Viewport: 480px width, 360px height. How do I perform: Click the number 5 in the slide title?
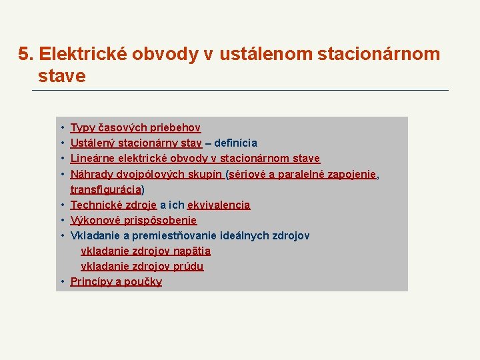24,54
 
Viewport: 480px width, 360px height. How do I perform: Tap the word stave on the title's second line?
62,76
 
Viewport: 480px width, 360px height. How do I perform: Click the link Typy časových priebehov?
135,128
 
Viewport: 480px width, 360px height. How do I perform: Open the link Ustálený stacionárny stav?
136,143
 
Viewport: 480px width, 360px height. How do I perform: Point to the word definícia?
235,143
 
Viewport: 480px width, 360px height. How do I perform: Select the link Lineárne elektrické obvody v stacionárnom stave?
195,159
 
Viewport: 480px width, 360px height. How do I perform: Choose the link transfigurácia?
105,190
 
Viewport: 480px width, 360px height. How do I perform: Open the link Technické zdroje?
113,205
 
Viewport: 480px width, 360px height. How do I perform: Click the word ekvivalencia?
219,205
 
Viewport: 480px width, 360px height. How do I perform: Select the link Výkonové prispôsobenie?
133,221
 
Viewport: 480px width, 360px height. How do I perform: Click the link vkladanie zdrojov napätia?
145,251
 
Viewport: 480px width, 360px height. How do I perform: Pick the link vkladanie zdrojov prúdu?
142,267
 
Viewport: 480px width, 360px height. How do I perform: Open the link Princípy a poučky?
116,282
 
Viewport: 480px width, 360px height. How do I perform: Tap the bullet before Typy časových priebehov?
61,128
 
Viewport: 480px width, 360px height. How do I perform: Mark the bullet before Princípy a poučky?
61,282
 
